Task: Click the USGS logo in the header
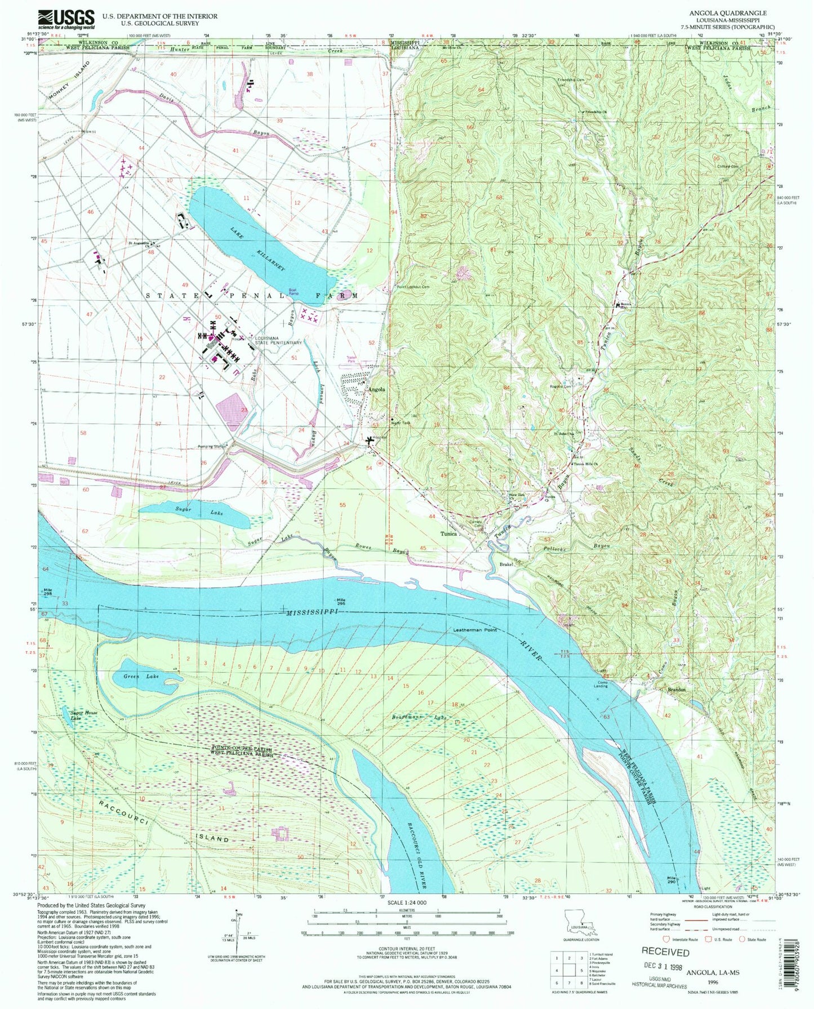pyautogui.click(x=66, y=20)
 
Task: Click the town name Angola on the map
pyautogui.click(x=376, y=389)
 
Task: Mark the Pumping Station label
pyautogui.click(x=212, y=447)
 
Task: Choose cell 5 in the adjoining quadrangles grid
pyautogui.click(x=577, y=970)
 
